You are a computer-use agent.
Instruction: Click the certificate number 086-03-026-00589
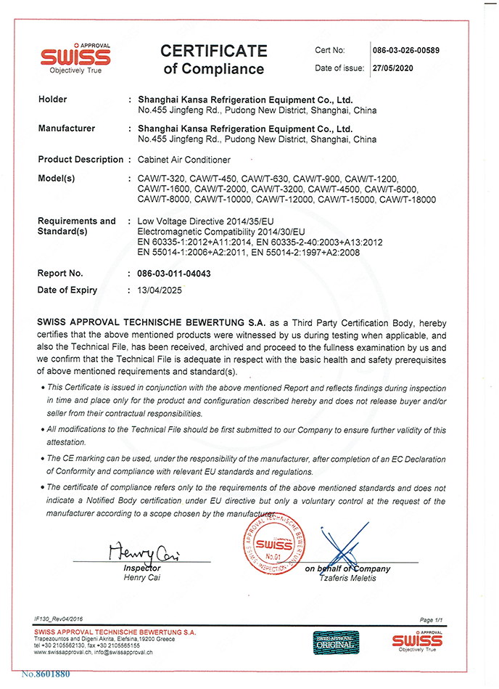tap(407, 50)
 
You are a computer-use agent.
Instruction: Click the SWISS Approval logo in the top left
tap(75, 56)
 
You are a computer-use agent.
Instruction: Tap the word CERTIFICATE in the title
tap(213, 51)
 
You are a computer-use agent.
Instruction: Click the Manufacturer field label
tap(66, 129)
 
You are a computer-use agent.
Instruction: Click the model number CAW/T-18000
tap(408, 199)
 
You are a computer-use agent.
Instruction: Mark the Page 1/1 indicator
tap(432, 619)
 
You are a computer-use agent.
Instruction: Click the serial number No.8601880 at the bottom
tap(46, 674)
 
